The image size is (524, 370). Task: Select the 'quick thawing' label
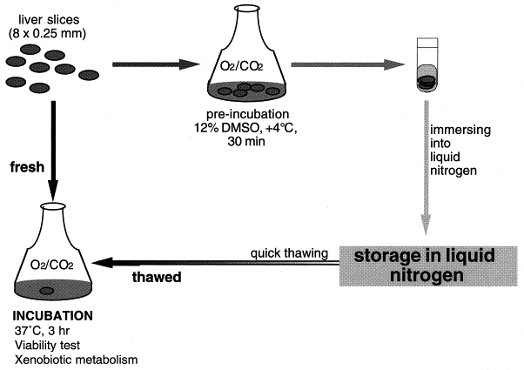point(288,252)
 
